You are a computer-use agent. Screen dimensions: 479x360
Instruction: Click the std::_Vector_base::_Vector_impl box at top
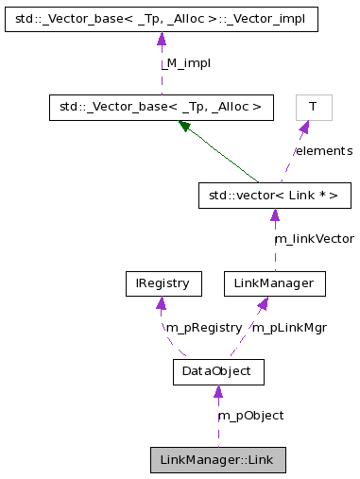click(161, 18)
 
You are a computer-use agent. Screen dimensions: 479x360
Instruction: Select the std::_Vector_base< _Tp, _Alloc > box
click(161, 107)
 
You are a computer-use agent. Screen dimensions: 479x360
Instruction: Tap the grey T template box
click(313, 107)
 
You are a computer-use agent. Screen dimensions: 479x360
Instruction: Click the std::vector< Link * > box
click(275, 196)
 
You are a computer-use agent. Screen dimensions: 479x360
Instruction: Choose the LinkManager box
click(274, 282)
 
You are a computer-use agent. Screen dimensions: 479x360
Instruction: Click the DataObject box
click(217, 371)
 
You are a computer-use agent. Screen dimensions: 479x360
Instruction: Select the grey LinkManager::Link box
click(217, 460)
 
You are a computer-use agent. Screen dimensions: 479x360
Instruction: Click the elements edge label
click(323, 151)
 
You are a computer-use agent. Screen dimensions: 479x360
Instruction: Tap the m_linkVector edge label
click(314, 239)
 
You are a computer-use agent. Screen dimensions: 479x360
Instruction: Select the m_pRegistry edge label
click(202, 327)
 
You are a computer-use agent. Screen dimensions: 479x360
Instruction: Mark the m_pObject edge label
click(250, 416)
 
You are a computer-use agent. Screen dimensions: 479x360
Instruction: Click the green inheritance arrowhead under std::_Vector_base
click(185, 126)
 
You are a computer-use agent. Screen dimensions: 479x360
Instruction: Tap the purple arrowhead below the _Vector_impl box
click(162, 39)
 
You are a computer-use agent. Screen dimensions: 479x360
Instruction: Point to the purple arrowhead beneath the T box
click(304, 128)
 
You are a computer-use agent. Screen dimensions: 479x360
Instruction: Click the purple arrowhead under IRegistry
click(162, 303)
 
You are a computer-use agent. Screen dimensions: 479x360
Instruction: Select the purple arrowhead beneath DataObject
click(217, 392)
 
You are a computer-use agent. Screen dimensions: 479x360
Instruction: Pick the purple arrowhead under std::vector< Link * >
click(275, 216)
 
